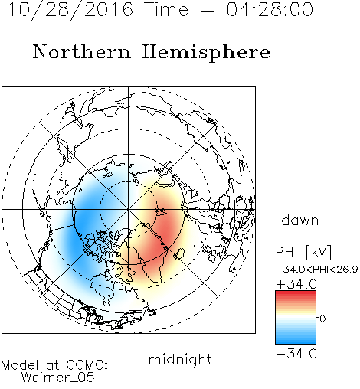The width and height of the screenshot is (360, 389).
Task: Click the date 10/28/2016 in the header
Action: click(x=70, y=10)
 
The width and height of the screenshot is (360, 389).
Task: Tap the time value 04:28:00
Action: click(x=270, y=10)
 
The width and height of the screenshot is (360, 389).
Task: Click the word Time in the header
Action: click(x=166, y=10)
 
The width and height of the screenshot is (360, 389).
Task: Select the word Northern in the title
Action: click(x=81, y=52)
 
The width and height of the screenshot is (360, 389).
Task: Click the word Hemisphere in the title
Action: click(x=206, y=53)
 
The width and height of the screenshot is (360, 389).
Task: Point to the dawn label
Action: click(x=300, y=220)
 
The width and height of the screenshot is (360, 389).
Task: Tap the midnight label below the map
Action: click(x=180, y=360)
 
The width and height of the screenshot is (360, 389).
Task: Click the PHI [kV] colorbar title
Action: click(x=303, y=252)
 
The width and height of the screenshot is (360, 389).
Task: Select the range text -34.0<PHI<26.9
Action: click(x=317, y=270)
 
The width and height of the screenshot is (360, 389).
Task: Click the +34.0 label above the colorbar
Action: click(x=296, y=284)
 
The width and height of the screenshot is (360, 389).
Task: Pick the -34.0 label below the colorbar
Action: click(x=296, y=354)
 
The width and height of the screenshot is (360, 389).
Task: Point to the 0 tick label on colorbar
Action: click(x=322, y=319)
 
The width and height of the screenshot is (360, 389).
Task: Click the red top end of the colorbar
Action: click(x=296, y=293)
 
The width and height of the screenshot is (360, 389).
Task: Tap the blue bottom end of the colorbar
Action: click(x=296, y=342)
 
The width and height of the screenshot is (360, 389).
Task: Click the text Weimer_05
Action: click(x=58, y=378)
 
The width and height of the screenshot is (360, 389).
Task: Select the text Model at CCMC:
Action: click(x=54, y=365)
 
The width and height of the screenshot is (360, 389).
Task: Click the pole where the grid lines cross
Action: click(x=129, y=210)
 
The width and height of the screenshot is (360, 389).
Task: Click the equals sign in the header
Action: click(x=208, y=10)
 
